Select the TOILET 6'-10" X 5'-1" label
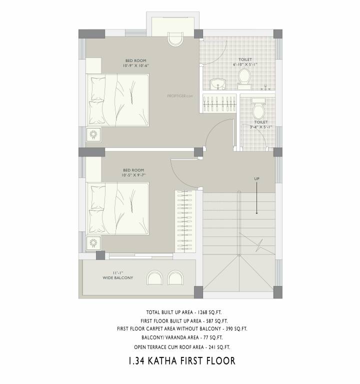click(245, 62)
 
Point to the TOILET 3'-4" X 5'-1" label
click(260, 124)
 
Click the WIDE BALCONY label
click(118, 275)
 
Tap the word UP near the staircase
click(257, 178)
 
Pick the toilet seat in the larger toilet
click(244, 77)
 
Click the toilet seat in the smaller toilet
click(258, 109)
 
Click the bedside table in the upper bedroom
click(94, 134)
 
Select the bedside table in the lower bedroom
click(94, 243)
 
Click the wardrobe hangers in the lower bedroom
click(184, 220)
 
